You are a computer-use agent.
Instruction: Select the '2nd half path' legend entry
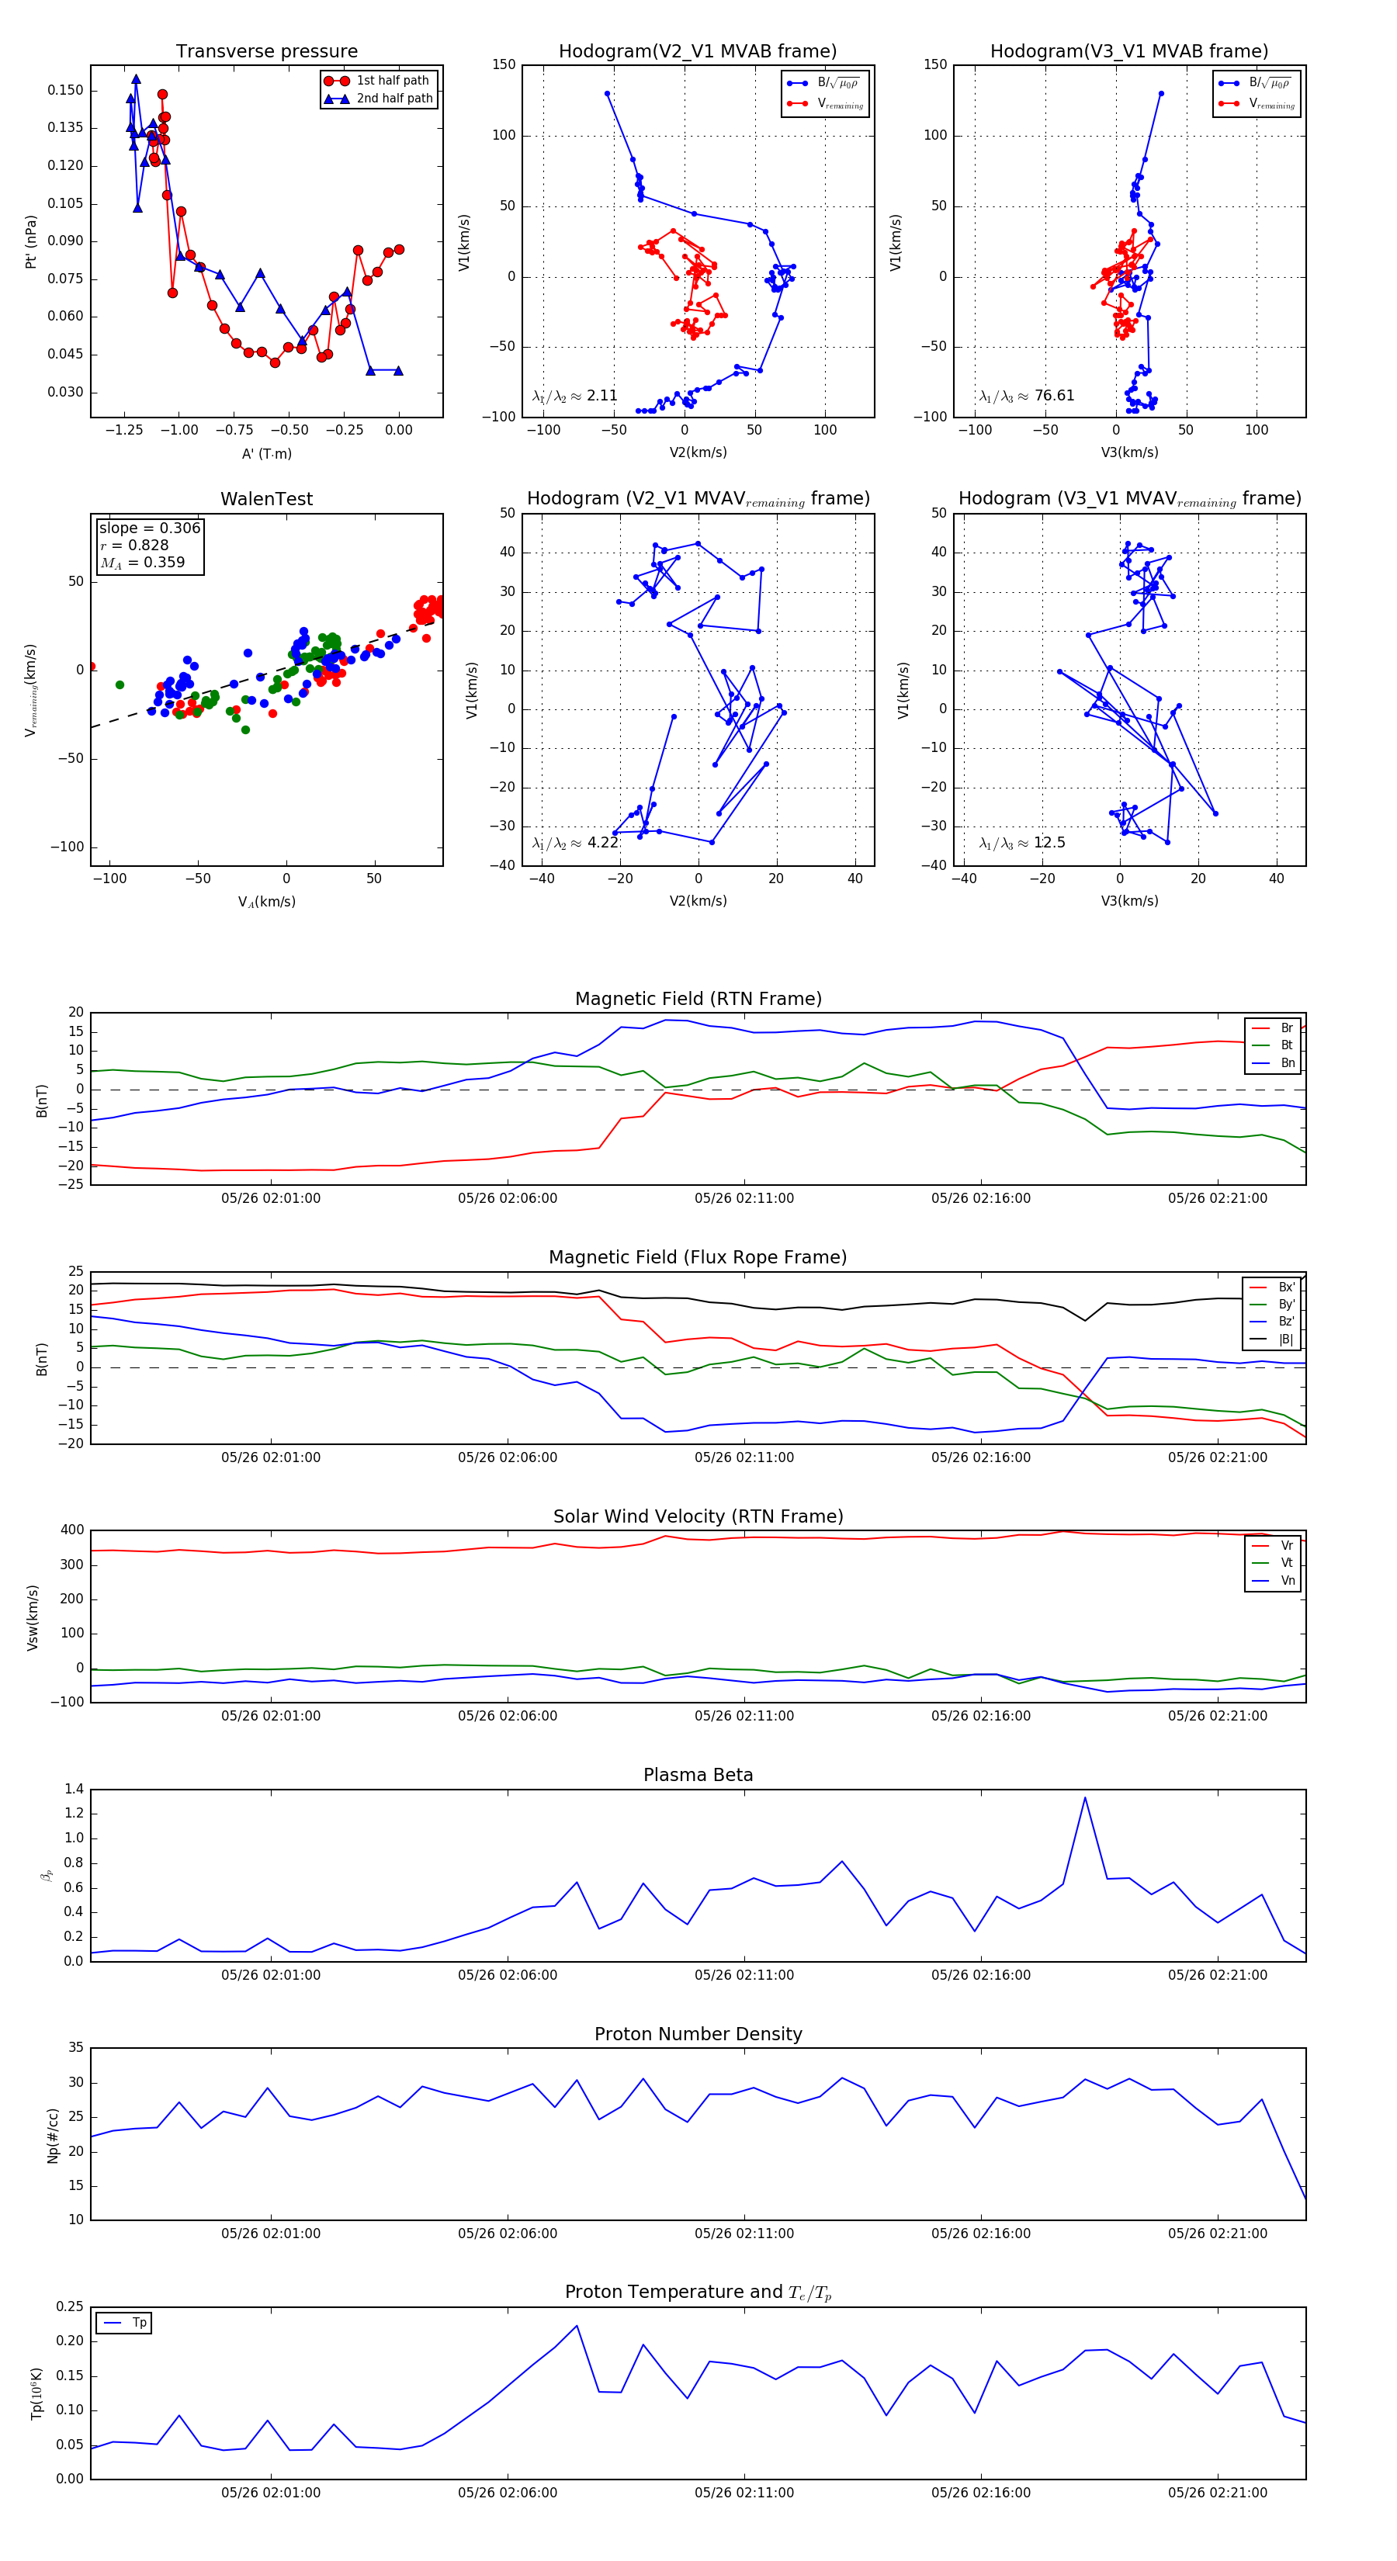(393, 99)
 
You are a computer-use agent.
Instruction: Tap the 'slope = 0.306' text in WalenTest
(149, 528)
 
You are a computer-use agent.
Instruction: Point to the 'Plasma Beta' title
(698, 1775)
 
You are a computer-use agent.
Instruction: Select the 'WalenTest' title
(266, 499)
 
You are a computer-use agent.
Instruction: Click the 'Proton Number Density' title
(698, 2033)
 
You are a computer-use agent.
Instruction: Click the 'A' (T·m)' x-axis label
(266, 453)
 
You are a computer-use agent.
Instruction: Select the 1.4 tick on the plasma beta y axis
(74, 1790)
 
